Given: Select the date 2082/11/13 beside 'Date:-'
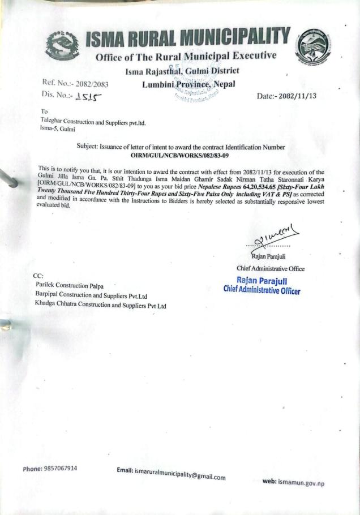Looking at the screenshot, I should [x=294, y=96].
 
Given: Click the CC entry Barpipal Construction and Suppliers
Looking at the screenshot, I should [x=91, y=295].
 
